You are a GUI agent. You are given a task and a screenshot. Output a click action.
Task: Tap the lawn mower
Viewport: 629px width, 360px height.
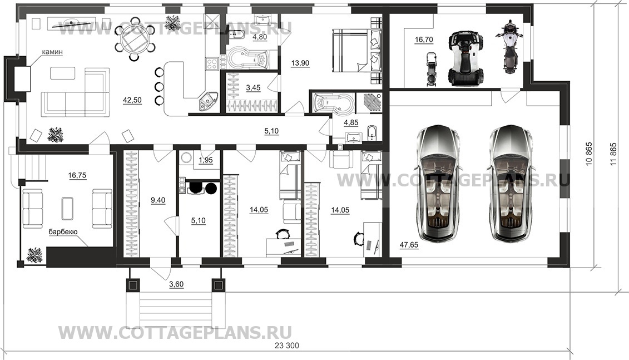click(x=431, y=69)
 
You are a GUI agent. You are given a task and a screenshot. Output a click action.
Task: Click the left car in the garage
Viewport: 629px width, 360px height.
click(x=439, y=184)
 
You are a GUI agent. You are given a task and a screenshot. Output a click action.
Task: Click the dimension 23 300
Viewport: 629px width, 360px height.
click(x=286, y=346)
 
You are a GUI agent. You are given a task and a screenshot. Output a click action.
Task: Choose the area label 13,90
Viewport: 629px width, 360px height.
click(x=300, y=63)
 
